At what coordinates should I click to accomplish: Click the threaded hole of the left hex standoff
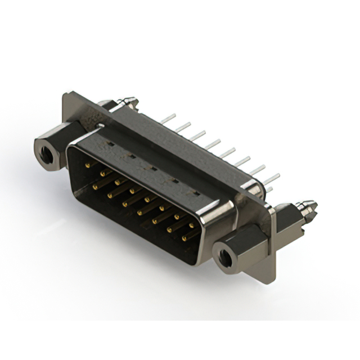(x=44, y=150)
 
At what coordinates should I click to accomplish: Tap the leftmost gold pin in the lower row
(x=96, y=186)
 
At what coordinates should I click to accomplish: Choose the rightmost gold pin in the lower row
(x=184, y=238)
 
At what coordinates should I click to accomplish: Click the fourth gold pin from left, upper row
(x=132, y=191)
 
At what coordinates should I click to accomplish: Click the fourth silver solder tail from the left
(x=212, y=145)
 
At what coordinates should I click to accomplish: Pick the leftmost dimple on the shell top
(x=110, y=144)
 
